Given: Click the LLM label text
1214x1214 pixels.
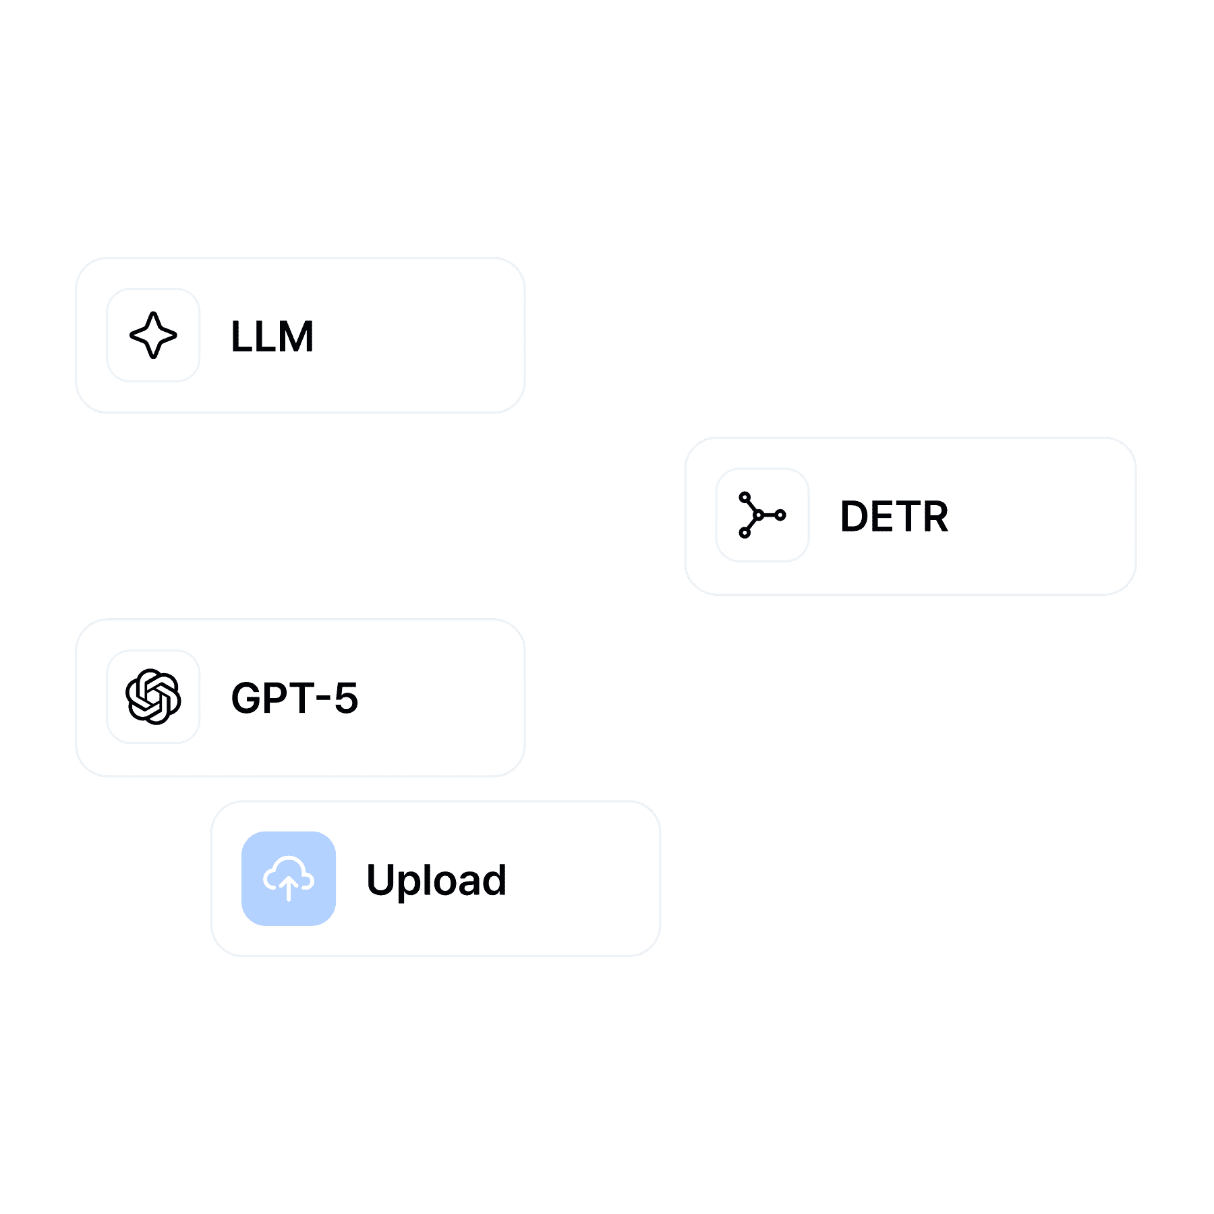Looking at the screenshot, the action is pyautogui.click(x=272, y=337).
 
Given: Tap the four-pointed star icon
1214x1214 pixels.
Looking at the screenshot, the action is pyautogui.click(x=153, y=335).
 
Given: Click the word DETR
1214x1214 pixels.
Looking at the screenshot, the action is pyautogui.click(x=894, y=517).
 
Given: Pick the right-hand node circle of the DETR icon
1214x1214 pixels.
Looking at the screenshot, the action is pyautogui.click(x=781, y=515).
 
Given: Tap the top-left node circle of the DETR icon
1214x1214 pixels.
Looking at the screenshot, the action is pyautogui.click(x=745, y=497).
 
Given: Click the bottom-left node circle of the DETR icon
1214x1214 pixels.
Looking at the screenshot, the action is pyautogui.click(x=745, y=533).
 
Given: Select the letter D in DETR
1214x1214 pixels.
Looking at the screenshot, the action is pyautogui.click(x=854, y=517).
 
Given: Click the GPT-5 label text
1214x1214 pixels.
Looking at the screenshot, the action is pyautogui.click(x=295, y=697).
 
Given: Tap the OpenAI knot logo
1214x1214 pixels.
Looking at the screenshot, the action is pyautogui.click(x=153, y=697).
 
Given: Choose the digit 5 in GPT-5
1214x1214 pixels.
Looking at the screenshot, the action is pyautogui.click(x=346, y=697).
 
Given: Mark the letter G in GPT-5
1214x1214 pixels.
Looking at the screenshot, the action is pyautogui.click(x=247, y=697).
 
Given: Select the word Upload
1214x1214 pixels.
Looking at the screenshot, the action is pyautogui.click(x=436, y=880).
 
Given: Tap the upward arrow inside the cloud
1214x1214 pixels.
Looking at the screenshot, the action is pyautogui.click(x=289, y=886).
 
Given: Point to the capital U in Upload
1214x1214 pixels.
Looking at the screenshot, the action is pyautogui.click(x=381, y=880).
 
